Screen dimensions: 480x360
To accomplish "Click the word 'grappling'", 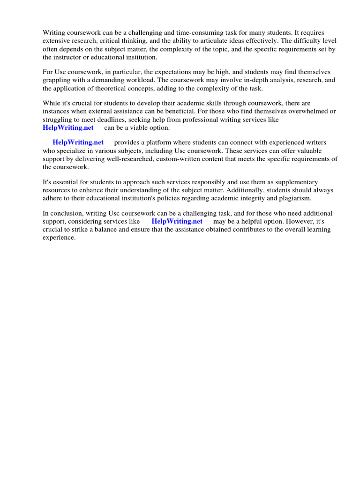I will point(56,80).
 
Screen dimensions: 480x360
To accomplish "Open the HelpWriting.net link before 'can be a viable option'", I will point(68,127).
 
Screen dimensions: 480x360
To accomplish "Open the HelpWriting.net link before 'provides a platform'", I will point(78,142).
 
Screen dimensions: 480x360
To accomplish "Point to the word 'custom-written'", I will point(186,159).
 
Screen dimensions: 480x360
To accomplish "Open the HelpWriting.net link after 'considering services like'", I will point(177,221).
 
